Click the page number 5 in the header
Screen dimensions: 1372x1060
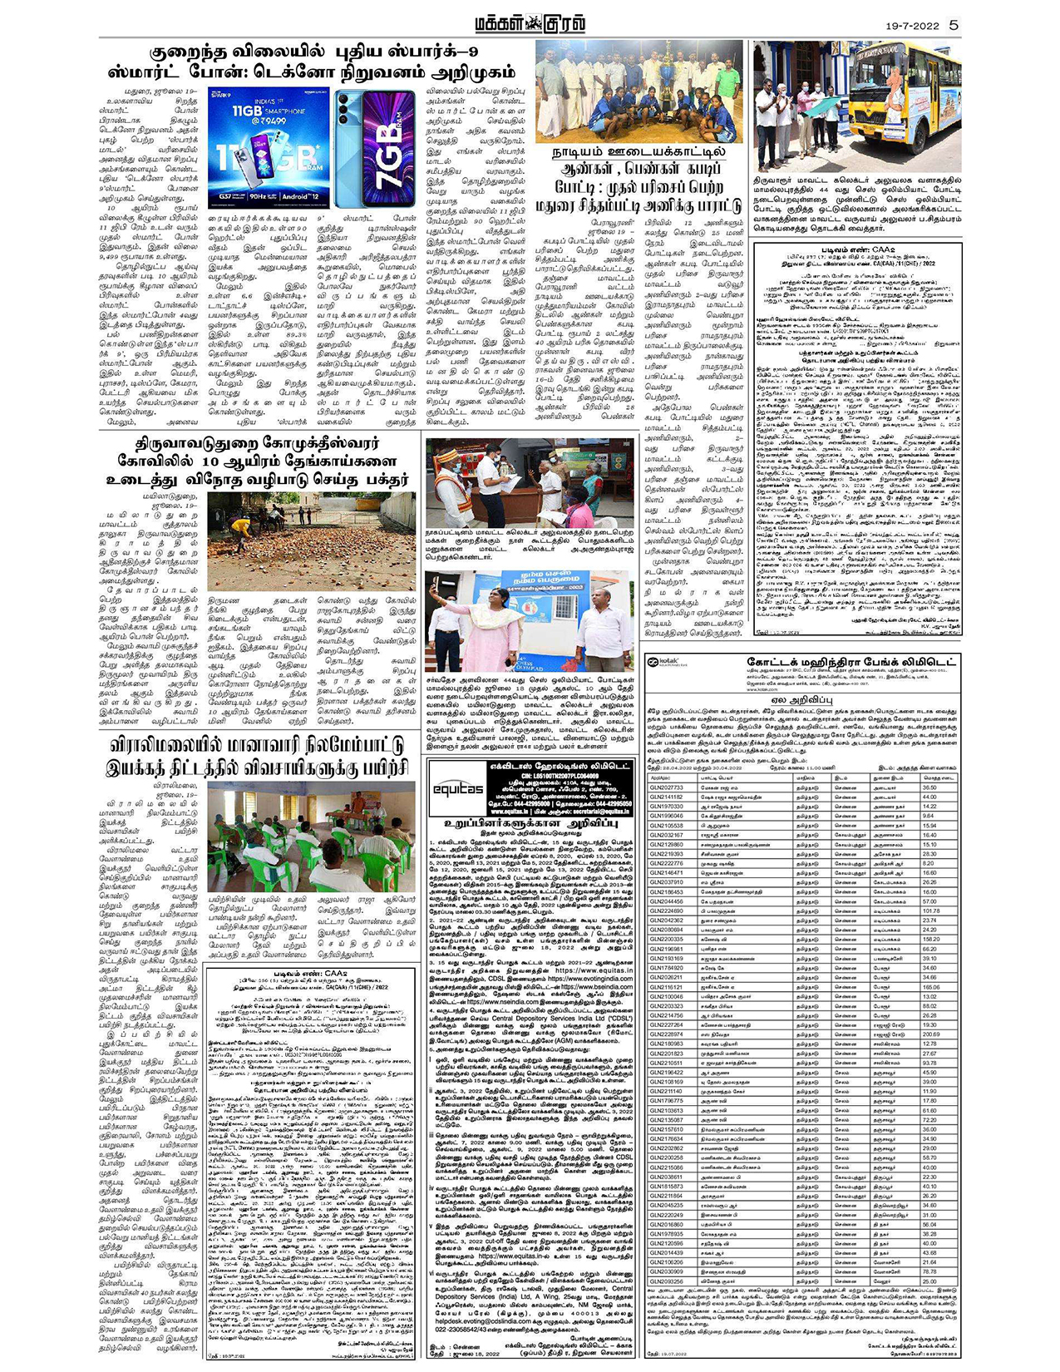point(954,24)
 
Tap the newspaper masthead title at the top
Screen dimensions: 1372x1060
point(530,24)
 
